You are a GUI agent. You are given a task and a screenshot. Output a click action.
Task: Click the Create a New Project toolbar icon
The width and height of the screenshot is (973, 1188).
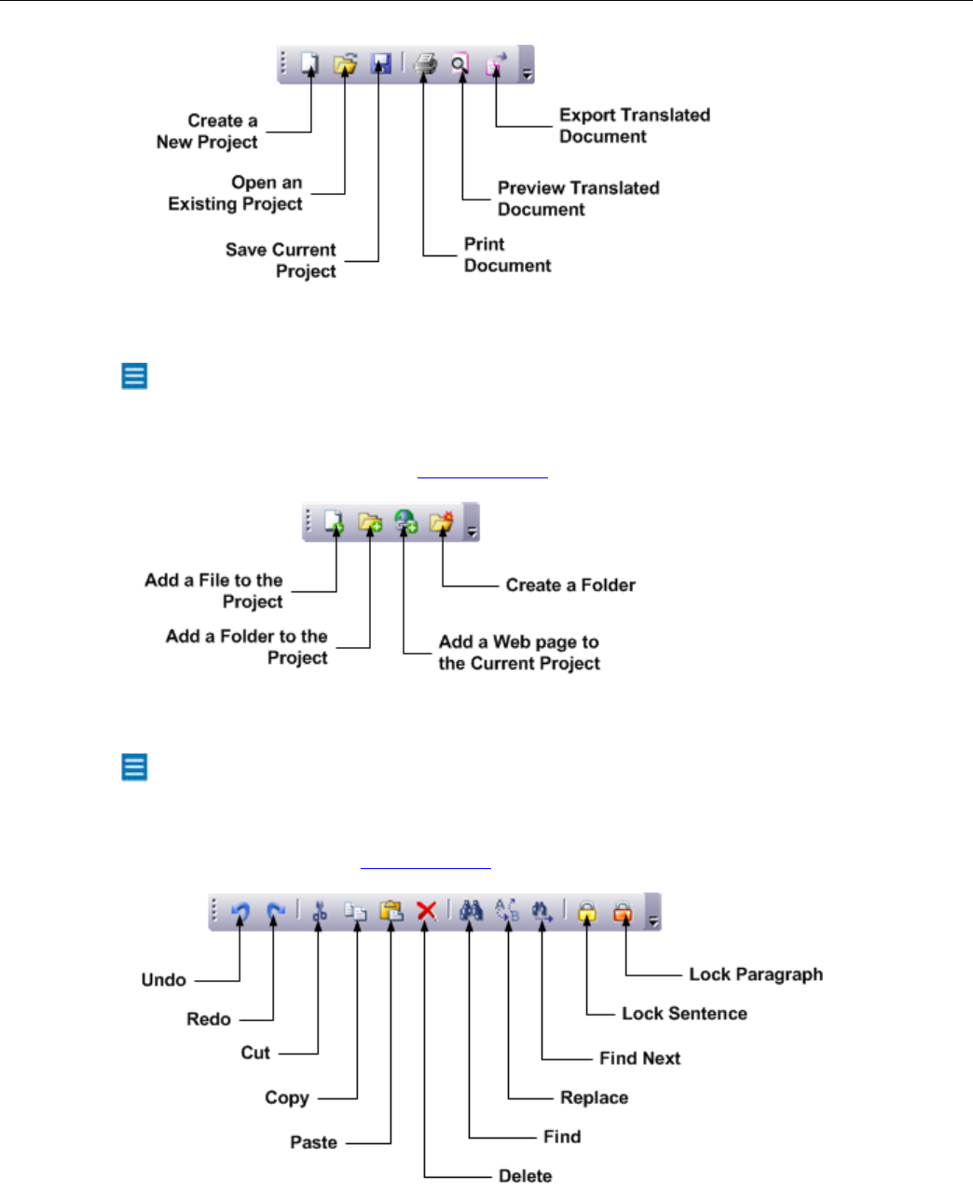pyautogui.click(x=309, y=64)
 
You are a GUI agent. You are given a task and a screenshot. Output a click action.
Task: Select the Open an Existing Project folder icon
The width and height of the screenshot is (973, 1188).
pyautogui.click(x=345, y=64)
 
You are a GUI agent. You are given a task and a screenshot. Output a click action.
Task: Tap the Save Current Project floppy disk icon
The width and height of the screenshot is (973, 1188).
pyautogui.click(x=379, y=64)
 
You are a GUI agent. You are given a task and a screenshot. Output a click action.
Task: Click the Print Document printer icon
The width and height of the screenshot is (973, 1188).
pyautogui.click(x=425, y=64)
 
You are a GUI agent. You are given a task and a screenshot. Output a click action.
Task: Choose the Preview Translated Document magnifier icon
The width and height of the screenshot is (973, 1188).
pyautogui.click(x=460, y=64)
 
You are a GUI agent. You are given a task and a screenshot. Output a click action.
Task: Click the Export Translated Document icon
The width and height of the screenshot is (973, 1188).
pyautogui.click(x=497, y=64)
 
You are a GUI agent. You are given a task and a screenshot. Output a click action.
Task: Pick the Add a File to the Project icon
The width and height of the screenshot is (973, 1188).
pyautogui.click(x=335, y=522)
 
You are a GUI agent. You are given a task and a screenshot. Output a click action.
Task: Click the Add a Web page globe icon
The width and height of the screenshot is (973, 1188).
pyautogui.click(x=404, y=522)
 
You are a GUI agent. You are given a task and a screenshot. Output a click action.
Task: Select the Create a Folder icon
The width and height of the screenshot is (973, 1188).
pyautogui.click(x=441, y=522)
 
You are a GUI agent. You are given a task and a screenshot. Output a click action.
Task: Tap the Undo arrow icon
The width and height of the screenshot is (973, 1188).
pyautogui.click(x=240, y=911)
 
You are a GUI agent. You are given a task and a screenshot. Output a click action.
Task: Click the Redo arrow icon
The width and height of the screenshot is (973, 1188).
pyautogui.click(x=275, y=911)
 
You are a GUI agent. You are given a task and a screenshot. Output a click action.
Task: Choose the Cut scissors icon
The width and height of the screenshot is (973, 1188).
pyautogui.click(x=320, y=911)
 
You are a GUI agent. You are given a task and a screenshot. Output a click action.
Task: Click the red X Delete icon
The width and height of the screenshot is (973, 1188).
pyautogui.click(x=426, y=911)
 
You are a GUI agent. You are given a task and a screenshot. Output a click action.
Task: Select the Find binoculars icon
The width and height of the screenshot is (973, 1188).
pyautogui.click(x=472, y=911)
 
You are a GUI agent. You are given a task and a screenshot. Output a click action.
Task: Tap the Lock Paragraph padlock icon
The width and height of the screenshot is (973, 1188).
pyautogui.click(x=623, y=912)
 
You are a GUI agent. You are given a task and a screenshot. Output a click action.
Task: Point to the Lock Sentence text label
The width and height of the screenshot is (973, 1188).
pyautogui.click(x=684, y=1014)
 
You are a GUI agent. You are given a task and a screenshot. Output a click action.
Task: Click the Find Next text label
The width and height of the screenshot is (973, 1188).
pyautogui.click(x=639, y=1058)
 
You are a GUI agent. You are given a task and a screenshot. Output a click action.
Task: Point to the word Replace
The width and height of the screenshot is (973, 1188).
pyautogui.click(x=594, y=1098)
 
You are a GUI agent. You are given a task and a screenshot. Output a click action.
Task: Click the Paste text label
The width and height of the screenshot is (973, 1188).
pyautogui.click(x=313, y=1142)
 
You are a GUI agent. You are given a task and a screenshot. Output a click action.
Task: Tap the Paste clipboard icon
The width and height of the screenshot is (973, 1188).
pyautogui.click(x=391, y=911)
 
